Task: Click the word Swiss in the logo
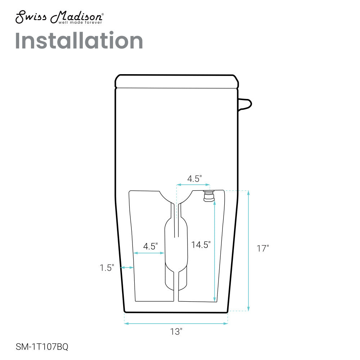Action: point(31,17)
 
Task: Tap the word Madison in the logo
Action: point(77,17)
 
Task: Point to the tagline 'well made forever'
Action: point(80,22)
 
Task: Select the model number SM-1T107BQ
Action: point(42,346)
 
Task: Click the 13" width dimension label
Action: point(176,332)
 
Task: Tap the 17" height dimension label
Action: point(263,248)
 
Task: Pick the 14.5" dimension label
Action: point(201,245)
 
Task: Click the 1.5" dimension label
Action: point(107,268)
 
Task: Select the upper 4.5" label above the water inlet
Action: point(194,179)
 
